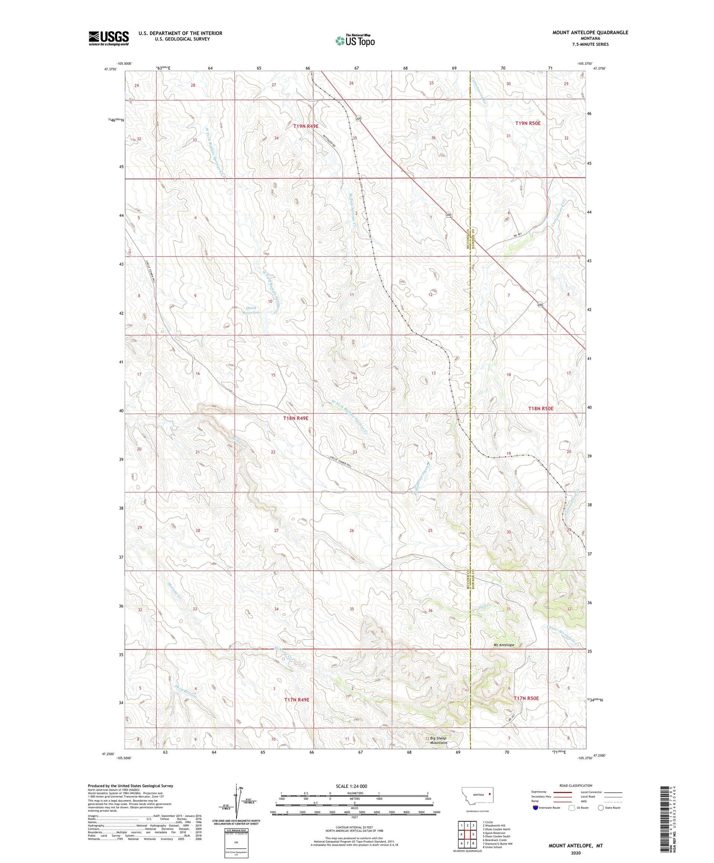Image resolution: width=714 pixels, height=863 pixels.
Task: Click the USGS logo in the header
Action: [x=109, y=38]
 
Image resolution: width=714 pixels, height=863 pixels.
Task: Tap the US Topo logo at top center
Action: [x=355, y=40]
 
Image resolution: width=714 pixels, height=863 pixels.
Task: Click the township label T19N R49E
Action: [x=306, y=126]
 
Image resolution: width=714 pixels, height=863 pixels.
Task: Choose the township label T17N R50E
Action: [x=526, y=698]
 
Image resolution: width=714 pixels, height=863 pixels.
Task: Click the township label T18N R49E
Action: [x=296, y=418]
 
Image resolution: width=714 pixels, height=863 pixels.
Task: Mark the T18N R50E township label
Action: [x=541, y=408]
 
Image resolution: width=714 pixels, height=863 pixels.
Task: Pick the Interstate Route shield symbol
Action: [x=536, y=808]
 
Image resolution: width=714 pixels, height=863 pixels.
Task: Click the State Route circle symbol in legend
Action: [x=601, y=808]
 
